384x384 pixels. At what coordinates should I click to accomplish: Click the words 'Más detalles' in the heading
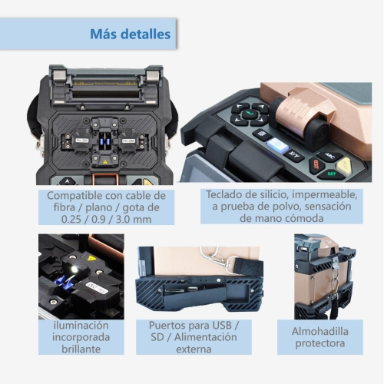pos(130,34)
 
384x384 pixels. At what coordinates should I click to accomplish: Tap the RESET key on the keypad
pos(316,165)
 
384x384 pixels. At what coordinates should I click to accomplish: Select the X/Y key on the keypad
pos(294,154)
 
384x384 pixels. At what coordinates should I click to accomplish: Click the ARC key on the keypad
pos(329,156)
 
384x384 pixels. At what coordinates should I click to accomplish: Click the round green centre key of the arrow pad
pos(250,114)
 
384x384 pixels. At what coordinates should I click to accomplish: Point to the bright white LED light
pos(74,269)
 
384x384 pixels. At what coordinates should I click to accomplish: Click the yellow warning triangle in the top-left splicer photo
pos(104,161)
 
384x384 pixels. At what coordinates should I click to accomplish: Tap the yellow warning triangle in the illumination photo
pos(91,258)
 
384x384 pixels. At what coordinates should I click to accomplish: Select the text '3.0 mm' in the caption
pos(134,220)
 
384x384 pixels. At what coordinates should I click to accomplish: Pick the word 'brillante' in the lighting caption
pos(81,349)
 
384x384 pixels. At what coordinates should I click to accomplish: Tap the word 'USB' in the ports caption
pos(222,326)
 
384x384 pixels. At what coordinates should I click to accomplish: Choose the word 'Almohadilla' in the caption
pos(320,332)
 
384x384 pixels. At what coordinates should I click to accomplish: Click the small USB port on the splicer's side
pos(192,289)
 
